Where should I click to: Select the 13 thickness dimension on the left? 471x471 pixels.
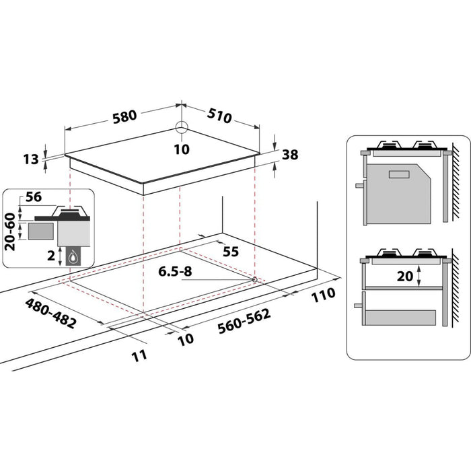pyautogui.click(x=31, y=159)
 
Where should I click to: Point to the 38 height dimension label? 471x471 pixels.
pyautogui.click(x=290, y=155)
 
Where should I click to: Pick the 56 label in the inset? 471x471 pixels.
pyautogui.click(x=33, y=198)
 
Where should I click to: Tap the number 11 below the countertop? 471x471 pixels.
pyautogui.click(x=139, y=355)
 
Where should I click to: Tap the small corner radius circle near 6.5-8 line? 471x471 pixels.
pyautogui.click(x=254, y=279)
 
